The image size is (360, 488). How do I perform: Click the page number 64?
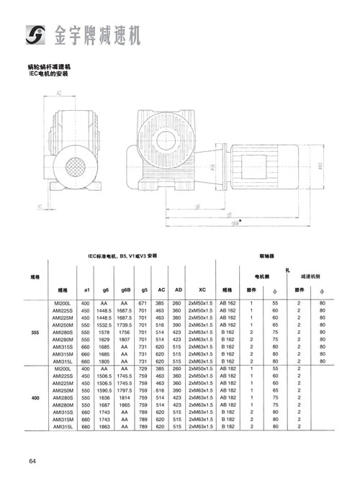33,461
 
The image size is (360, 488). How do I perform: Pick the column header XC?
202,289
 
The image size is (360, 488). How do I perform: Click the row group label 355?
35,332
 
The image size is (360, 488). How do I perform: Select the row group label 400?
35,397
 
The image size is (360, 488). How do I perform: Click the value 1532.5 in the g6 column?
105,325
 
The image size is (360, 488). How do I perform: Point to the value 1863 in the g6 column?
105,426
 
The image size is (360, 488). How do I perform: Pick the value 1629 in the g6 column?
105,340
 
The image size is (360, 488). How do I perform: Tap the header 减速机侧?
310,275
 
